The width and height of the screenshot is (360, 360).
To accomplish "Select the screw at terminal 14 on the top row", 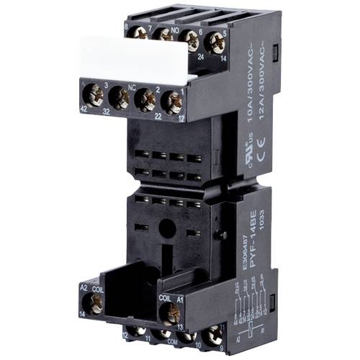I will point(214,44).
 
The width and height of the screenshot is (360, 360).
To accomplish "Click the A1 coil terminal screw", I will point(172,312).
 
